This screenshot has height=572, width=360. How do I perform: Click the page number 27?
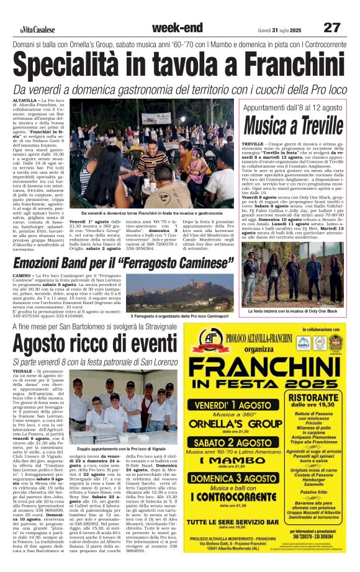[332, 28]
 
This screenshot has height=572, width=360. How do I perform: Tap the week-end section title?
[177, 27]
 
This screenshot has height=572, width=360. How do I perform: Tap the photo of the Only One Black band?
[291, 272]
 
